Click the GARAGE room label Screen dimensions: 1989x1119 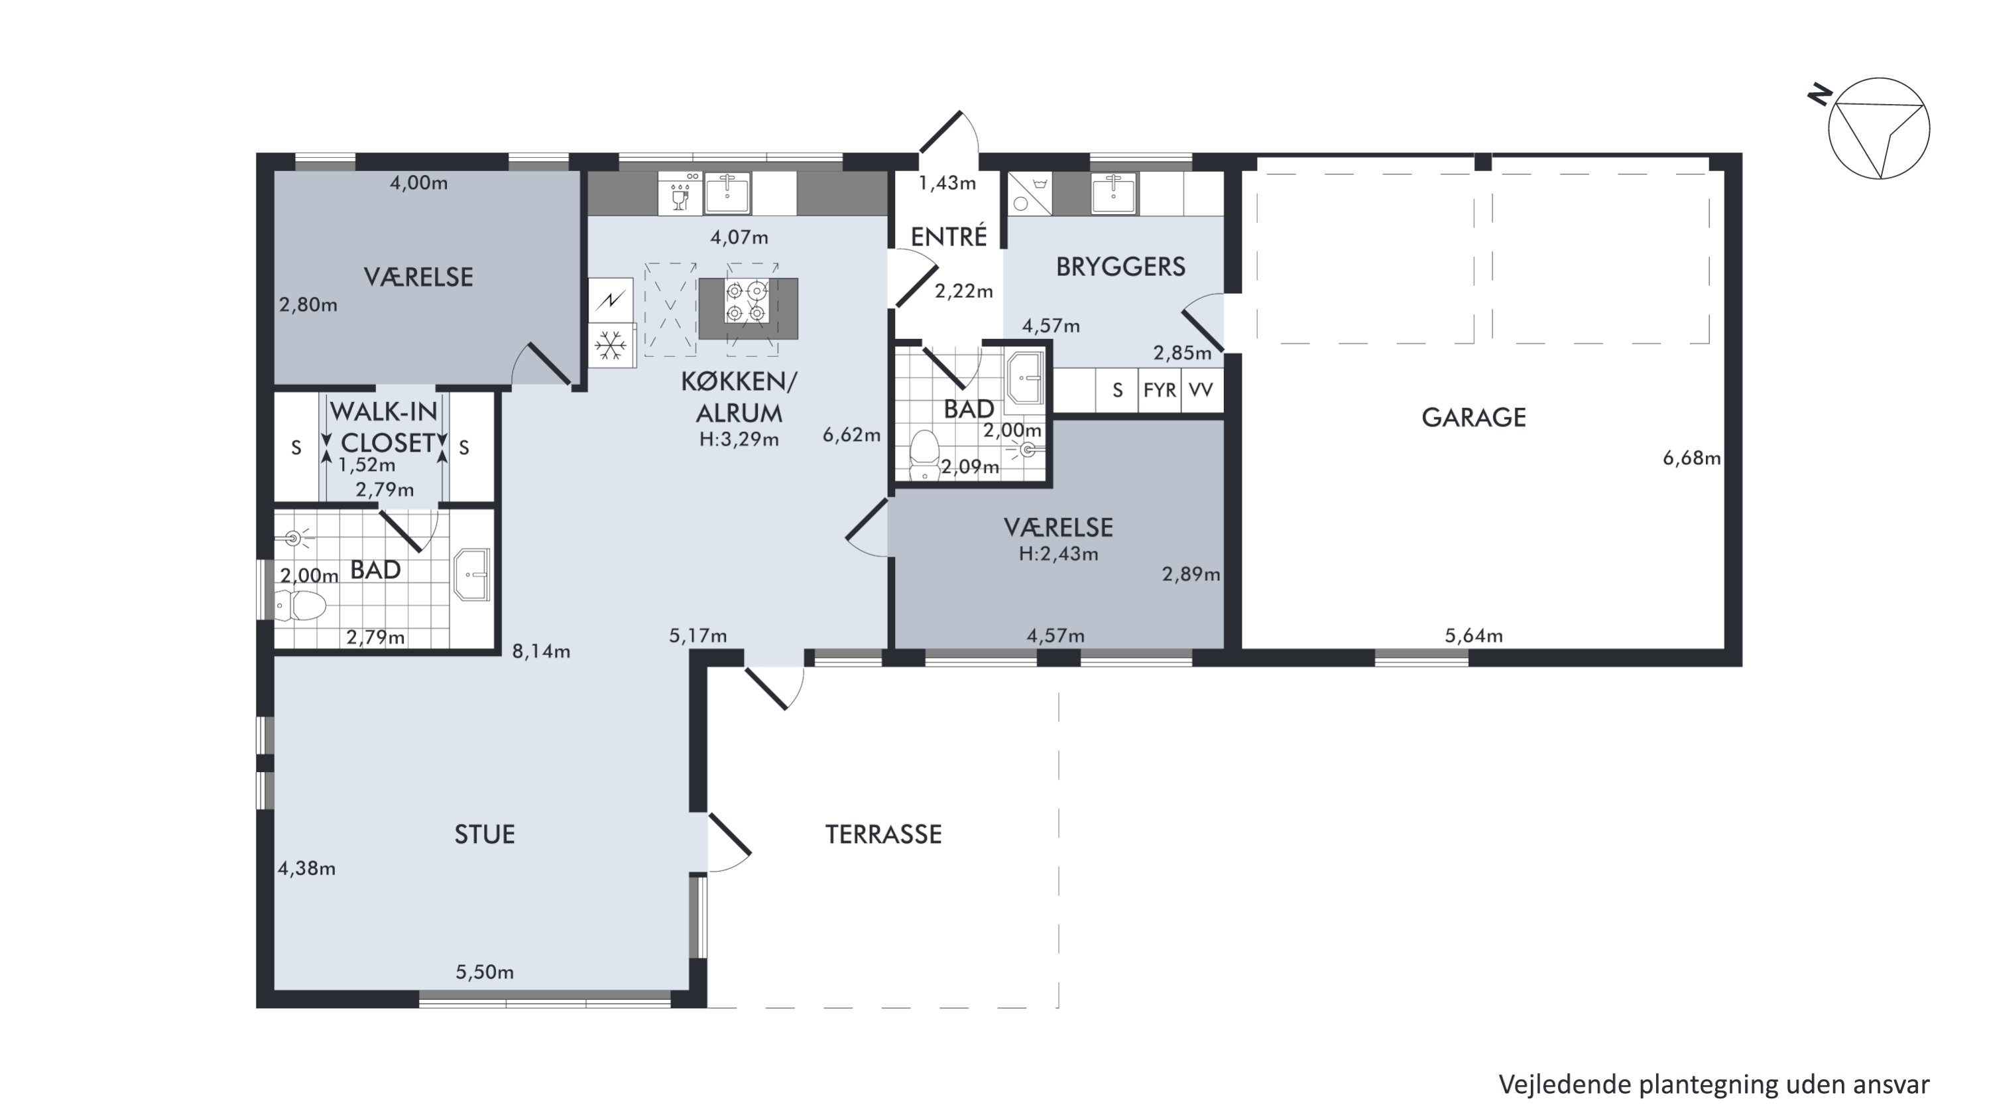[x=1473, y=418]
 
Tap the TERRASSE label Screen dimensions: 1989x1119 [x=883, y=835]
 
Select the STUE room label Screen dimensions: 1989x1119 [x=484, y=835]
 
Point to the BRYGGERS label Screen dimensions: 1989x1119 [x=1120, y=267]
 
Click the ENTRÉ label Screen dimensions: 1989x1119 [x=949, y=236]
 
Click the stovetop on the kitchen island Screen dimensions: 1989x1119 [x=747, y=301]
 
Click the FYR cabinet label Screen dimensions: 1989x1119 [x=1160, y=391]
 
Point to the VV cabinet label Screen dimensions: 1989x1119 [x=1201, y=391]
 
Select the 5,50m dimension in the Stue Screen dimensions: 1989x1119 [x=485, y=972]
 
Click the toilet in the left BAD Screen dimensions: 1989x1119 [x=300, y=606]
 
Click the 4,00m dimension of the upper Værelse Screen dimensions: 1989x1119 [x=418, y=183]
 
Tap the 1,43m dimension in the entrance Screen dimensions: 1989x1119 [x=947, y=183]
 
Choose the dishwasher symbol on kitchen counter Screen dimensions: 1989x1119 [x=680, y=192]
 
